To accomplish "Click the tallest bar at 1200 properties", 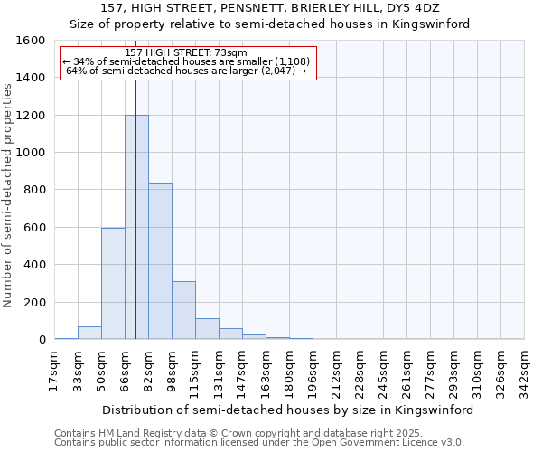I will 136,227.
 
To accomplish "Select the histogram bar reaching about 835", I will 160,261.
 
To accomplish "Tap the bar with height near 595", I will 113,284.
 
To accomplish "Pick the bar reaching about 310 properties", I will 183,310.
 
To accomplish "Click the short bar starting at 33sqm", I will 89,333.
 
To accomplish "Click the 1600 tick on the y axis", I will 31,41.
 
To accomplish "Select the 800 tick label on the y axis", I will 34,190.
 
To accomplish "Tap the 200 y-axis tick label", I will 34,302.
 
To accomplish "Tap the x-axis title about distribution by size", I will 288,410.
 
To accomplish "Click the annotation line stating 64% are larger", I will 188,71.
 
